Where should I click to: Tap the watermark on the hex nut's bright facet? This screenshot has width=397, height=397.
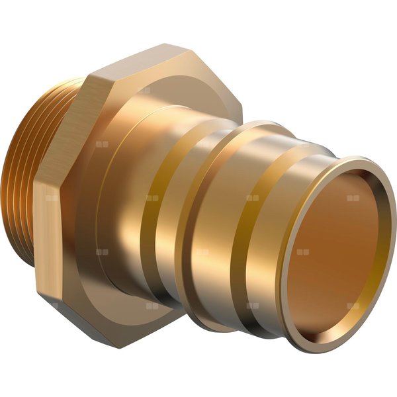click(x=52, y=251)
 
